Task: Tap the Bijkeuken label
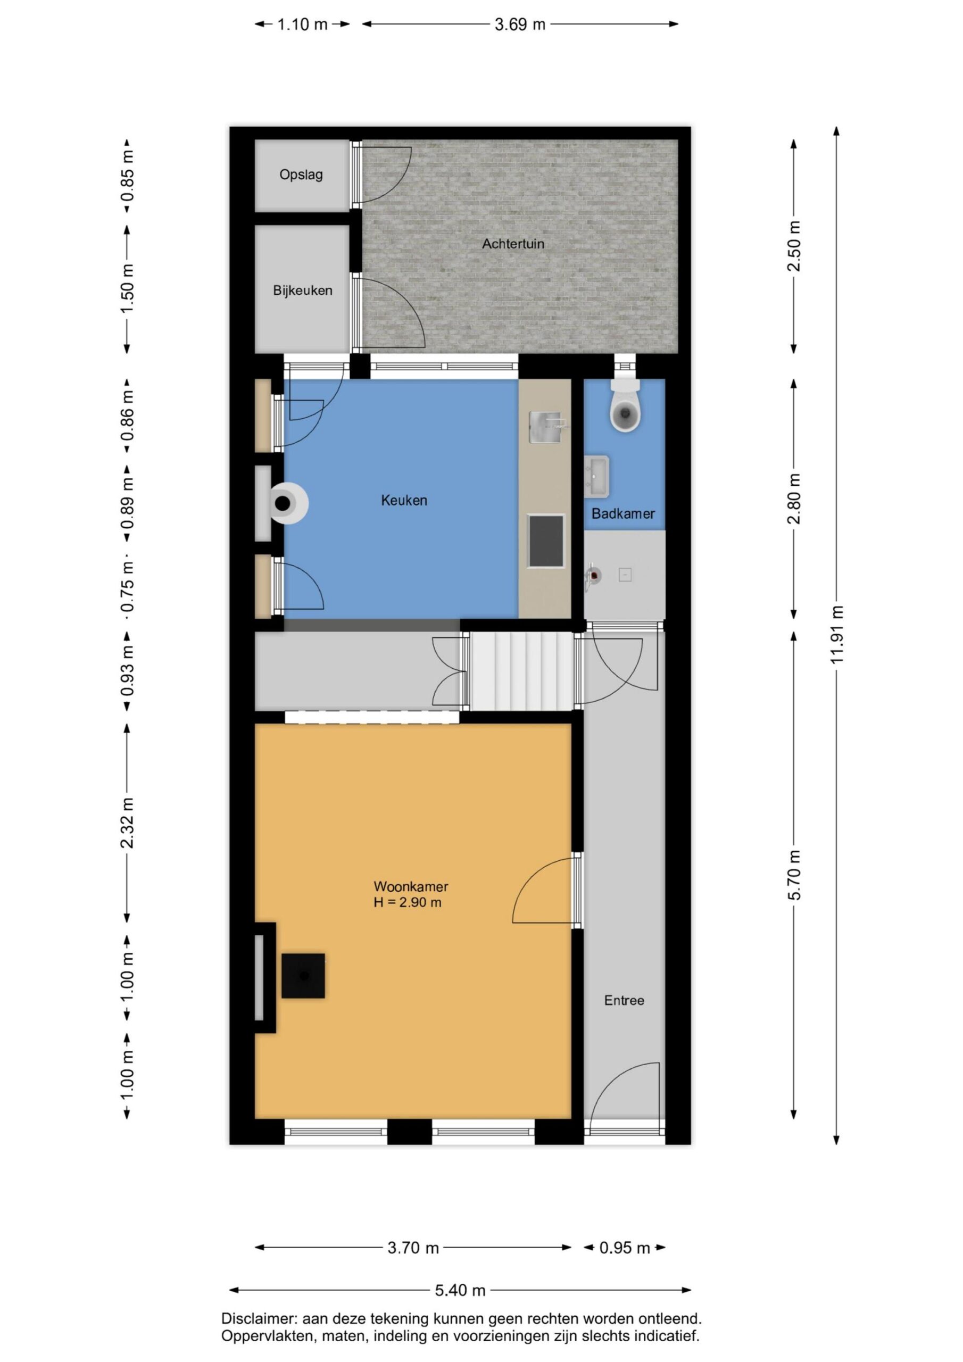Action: [303, 290]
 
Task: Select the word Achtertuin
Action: [513, 243]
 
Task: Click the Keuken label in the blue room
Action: [404, 500]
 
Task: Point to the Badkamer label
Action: [623, 514]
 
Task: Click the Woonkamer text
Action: [411, 887]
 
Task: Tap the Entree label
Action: [624, 1000]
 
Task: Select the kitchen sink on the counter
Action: [546, 427]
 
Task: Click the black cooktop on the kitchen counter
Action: [546, 541]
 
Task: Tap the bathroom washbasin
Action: [596, 476]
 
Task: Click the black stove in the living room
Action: [303, 976]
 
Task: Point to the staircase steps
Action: [521, 671]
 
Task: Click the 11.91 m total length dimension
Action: [836, 635]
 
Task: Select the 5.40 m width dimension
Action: [460, 1290]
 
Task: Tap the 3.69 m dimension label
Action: [520, 24]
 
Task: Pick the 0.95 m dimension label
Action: [624, 1248]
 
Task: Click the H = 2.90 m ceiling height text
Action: [407, 903]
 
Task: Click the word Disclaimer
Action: [259, 1319]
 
